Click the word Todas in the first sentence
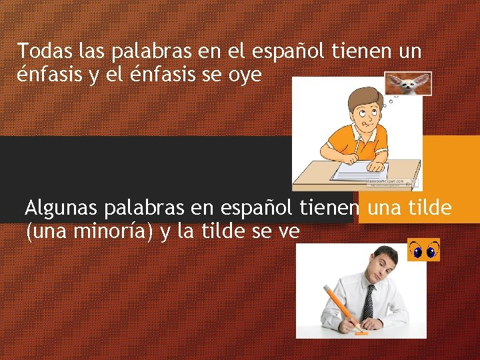coord(40,51)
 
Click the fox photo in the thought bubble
coord(408,84)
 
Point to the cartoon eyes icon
coord(423,250)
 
